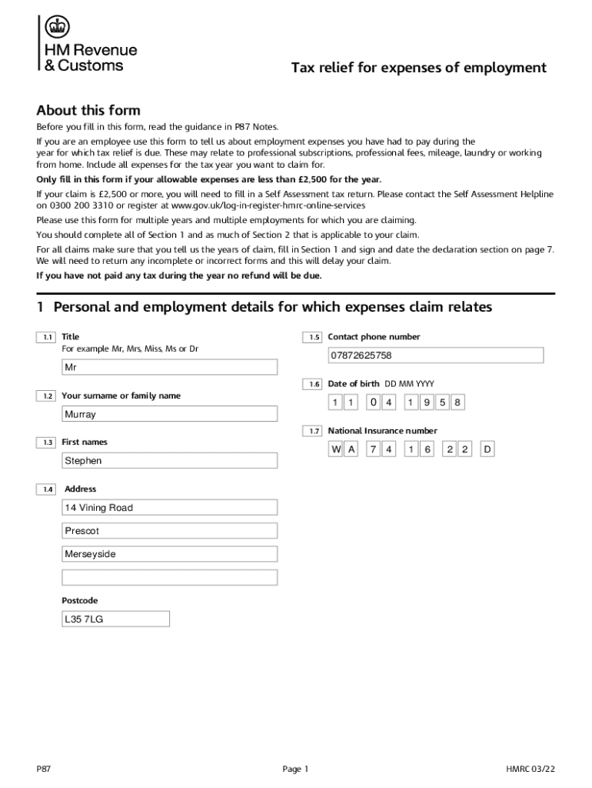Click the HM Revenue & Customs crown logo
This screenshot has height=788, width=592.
coord(56,28)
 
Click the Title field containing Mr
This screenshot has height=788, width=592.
coord(169,368)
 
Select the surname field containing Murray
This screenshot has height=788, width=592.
coord(169,414)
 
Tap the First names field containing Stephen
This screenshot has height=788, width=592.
coord(169,461)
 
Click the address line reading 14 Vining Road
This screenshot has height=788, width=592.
coord(169,508)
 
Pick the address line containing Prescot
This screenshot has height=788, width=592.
coord(169,531)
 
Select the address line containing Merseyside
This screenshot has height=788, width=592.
coord(169,554)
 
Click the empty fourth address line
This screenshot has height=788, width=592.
coord(169,577)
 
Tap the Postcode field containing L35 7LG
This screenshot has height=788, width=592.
coord(115,619)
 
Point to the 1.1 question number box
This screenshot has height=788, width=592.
coord(46,337)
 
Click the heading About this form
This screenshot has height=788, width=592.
coord(88,110)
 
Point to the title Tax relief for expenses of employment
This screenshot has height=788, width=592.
coord(418,68)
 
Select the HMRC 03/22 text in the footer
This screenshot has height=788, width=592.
coord(530,769)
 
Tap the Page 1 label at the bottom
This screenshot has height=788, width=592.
coord(295,769)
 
